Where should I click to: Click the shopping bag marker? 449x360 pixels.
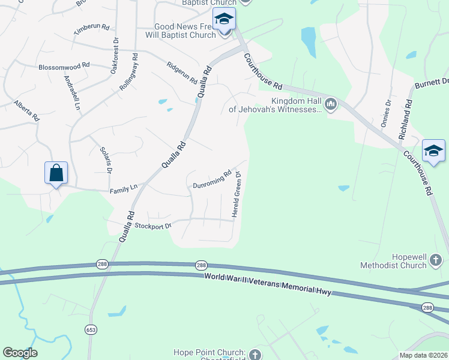click(56, 173)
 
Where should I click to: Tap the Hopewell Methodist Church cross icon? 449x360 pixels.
click(436, 260)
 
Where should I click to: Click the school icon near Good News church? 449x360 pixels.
click(224, 20)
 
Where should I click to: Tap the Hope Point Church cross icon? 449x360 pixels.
click(256, 355)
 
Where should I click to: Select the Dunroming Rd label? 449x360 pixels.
click(212, 181)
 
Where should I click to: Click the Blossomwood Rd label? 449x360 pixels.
click(64, 67)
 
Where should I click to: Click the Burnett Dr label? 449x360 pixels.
click(431, 84)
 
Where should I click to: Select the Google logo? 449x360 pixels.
click(20, 353)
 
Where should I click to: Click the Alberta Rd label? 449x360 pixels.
click(26, 110)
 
